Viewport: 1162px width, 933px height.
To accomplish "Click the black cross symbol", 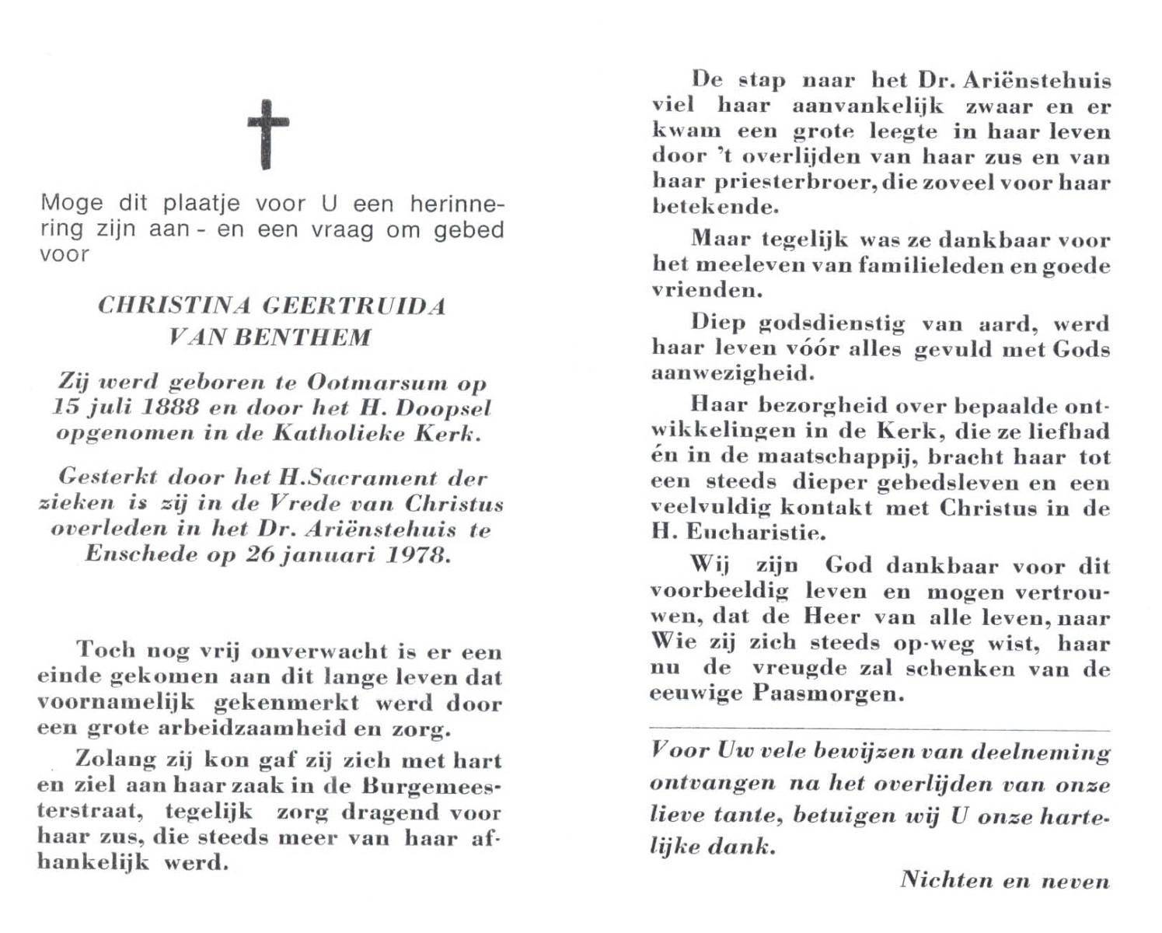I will [268, 134].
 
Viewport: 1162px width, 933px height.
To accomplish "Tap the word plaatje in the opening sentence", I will [201, 204].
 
